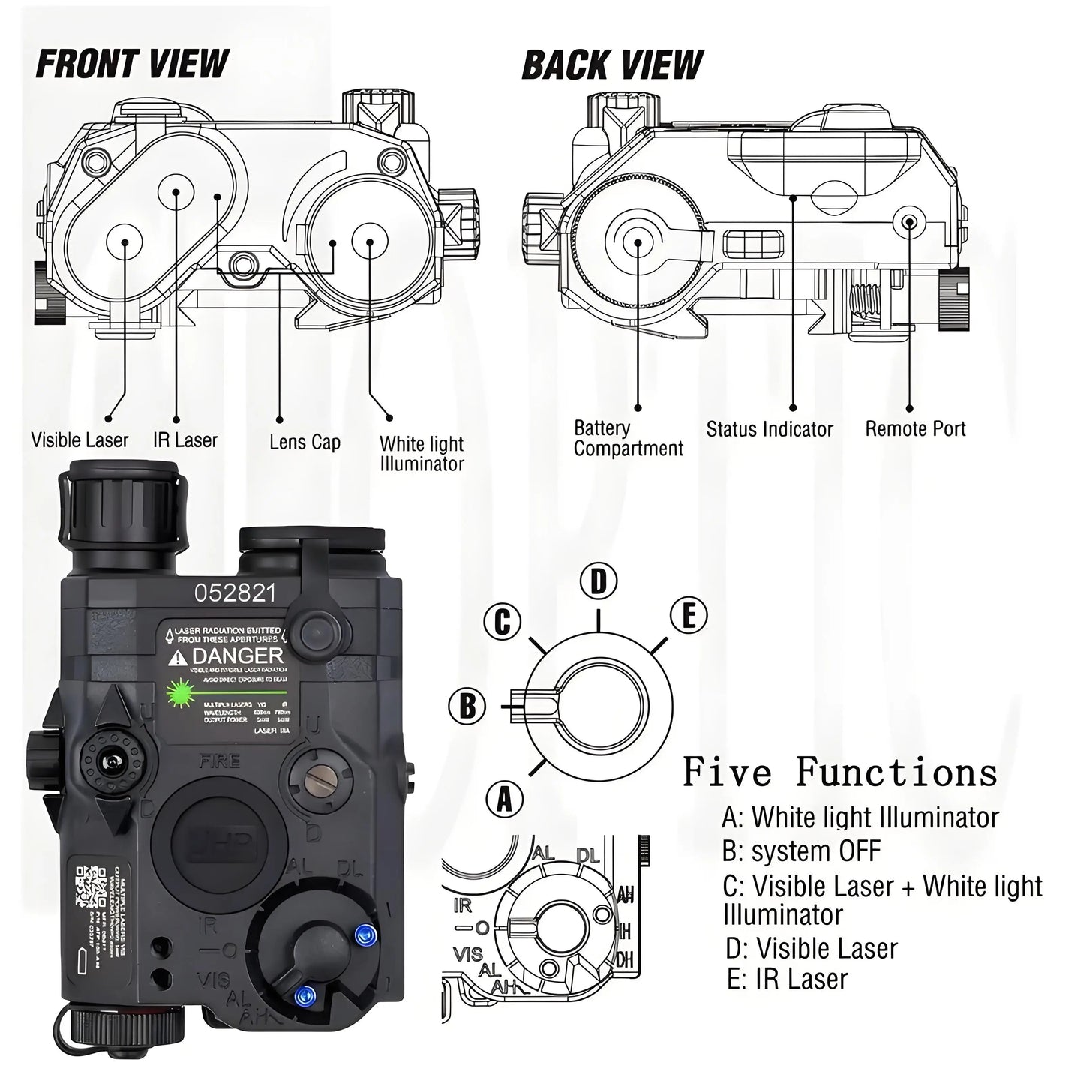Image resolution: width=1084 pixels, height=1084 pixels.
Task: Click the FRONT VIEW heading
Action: (133, 64)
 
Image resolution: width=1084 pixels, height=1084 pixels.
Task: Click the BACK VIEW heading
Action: (612, 65)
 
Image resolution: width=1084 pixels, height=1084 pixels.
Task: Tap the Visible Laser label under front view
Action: (80, 440)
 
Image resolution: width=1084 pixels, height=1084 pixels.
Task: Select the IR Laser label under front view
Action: (185, 440)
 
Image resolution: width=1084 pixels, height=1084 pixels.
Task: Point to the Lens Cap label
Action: (305, 442)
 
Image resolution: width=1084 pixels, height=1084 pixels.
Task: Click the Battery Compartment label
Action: (629, 438)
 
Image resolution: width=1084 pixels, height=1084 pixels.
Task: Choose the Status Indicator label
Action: (770, 429)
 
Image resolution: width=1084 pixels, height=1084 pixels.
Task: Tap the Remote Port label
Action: (915, 429)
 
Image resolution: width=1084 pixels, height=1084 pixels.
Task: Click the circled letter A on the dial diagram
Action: (505, 800)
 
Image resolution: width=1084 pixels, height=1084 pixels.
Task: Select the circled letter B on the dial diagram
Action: (467, 706)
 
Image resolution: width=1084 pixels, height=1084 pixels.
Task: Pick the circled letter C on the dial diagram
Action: (502, 621)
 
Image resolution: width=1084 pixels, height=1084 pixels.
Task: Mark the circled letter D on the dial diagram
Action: (598, 581)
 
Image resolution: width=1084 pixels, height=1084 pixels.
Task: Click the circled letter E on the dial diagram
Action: (689, 616)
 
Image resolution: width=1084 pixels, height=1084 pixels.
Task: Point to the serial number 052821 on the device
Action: (235, 593)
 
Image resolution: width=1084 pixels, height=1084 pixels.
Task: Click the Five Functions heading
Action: (840, 771)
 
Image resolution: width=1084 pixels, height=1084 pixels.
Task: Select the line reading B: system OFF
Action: (801, 851)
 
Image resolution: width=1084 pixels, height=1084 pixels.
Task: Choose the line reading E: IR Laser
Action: (788, 979)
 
